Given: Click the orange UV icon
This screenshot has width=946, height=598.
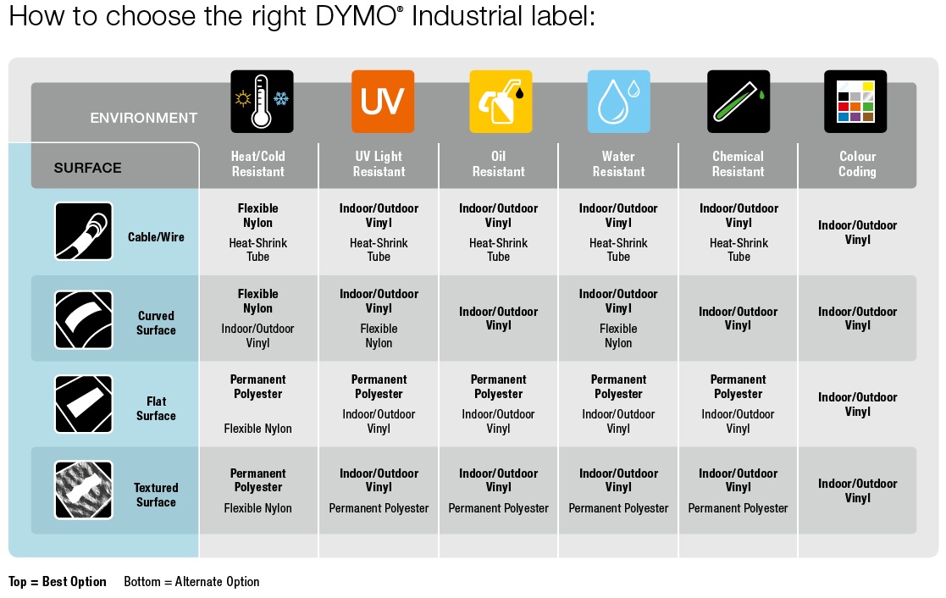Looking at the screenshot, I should coord(383,102).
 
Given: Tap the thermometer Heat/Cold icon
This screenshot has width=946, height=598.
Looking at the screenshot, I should coord(262,102).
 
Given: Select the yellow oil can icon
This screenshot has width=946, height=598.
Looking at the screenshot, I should coord(501,102).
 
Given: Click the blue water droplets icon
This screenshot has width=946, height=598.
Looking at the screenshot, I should coord(618,102).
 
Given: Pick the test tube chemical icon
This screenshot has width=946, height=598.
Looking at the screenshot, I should coord(739,102).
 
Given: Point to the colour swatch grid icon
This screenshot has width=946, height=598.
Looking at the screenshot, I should coord(855,102).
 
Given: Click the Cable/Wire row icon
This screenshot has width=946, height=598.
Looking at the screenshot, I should coord(83,230).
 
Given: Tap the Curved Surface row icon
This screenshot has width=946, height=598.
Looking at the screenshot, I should coord(83,319).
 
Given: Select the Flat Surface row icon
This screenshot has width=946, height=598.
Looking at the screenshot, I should coord(83,405).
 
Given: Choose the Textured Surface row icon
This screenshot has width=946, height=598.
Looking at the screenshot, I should coord(83,490).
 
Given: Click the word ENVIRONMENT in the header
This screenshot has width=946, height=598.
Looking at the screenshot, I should coord(144,118).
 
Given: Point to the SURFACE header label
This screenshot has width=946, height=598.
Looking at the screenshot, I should coord(87,168).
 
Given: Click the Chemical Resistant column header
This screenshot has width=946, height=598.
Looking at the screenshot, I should coord(738,163).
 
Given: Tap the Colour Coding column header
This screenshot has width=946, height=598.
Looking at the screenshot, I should coord(857,163).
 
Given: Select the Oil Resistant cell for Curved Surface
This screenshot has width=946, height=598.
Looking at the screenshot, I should coord(498,318).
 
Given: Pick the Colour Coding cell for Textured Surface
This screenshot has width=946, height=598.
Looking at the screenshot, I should coord(857,490).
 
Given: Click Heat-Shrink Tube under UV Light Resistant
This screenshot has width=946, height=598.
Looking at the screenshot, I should coord(379,250).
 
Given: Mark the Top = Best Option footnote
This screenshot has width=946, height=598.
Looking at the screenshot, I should coord(58,582).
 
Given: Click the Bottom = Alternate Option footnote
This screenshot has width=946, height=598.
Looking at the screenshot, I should coord(191,582).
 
